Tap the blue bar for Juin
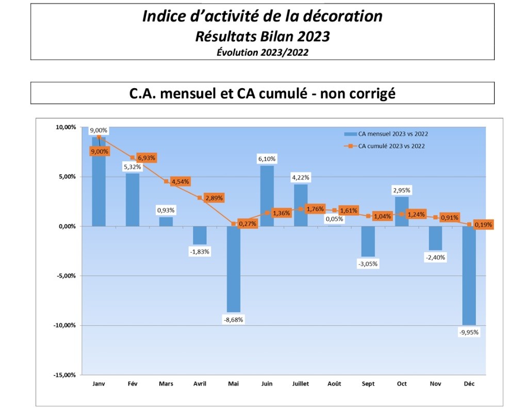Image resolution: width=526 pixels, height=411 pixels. pos(267,195)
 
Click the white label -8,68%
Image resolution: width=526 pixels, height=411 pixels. pos(233,319)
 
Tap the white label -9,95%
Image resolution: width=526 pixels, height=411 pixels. pos(469,333)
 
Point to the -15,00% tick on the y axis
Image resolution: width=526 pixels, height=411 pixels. pos(65,375)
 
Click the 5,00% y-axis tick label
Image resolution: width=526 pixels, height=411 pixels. pos(67,176)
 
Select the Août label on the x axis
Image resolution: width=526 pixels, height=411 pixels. pos(334,384)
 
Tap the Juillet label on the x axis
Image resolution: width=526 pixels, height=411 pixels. pos(300,384)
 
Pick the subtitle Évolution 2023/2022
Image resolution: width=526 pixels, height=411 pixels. pos(262,52)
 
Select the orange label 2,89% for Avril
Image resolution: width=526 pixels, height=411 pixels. pos(213,198)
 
